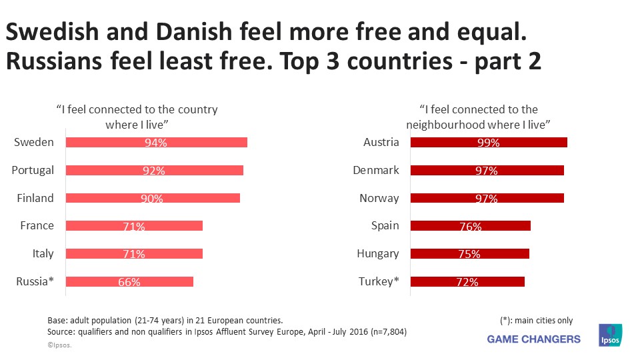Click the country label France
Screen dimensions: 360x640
click(37, 226)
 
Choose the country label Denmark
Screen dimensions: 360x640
click(376, 170)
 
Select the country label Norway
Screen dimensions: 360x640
click(379, 198)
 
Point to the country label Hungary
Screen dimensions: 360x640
click(378, 253)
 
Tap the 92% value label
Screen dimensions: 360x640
click(153, 171)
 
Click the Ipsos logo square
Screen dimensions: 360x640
click(610, 335)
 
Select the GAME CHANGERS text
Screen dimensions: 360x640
click(533, 339)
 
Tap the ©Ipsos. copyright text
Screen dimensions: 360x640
click(59, 345)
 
